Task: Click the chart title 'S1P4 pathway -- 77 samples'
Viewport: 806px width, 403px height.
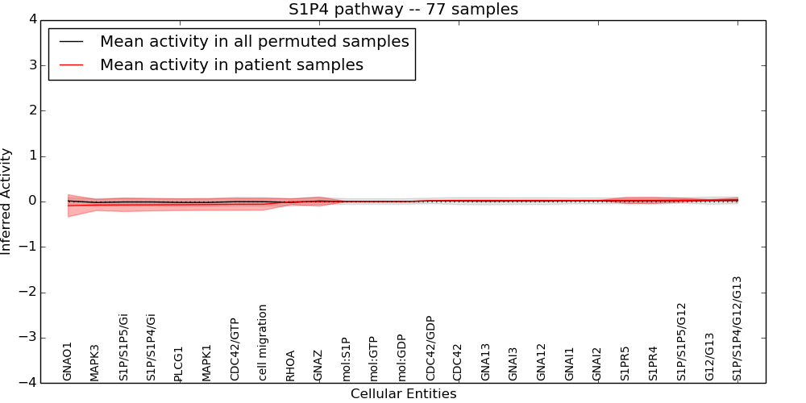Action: pyautogui.click(x=403, y=10)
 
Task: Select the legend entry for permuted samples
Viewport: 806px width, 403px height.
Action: pyautogui.click(x=254, y=42)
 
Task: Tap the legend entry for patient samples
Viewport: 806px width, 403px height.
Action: pyautogui.click(x=231, y=65)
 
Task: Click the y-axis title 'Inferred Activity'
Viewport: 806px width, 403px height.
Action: pyautogui.click(x=6, y=201)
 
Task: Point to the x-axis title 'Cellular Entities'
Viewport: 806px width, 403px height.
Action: pyautogui.click(x=403, y=394)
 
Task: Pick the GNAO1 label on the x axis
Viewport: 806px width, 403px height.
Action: pyautogui.click(x=68, y=361)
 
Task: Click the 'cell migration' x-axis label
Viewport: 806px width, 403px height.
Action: pyautogui.click(x=263, y=343)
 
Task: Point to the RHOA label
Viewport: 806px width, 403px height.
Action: pyautogui.click(x=291, y=365)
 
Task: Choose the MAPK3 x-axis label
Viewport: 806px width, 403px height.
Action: pyautogui.click(x=95, y=362)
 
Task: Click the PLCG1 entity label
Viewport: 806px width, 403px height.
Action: pyautogui.click(x=179, y=364)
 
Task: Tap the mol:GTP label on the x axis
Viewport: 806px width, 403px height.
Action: pyautogui.click(x=375, y=359)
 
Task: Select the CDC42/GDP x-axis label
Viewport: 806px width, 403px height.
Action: pyautogui.click(x=430, y=348)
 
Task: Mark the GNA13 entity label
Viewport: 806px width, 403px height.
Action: pyautogui.click(x=486, y=362)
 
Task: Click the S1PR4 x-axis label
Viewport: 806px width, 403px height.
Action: pyautogui.click(x=654, y=363)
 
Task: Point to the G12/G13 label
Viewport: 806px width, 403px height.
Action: pyautogui.click(x=709, y=357)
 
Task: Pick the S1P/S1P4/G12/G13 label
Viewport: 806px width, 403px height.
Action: pyautogui.click(x=737, y=328)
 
